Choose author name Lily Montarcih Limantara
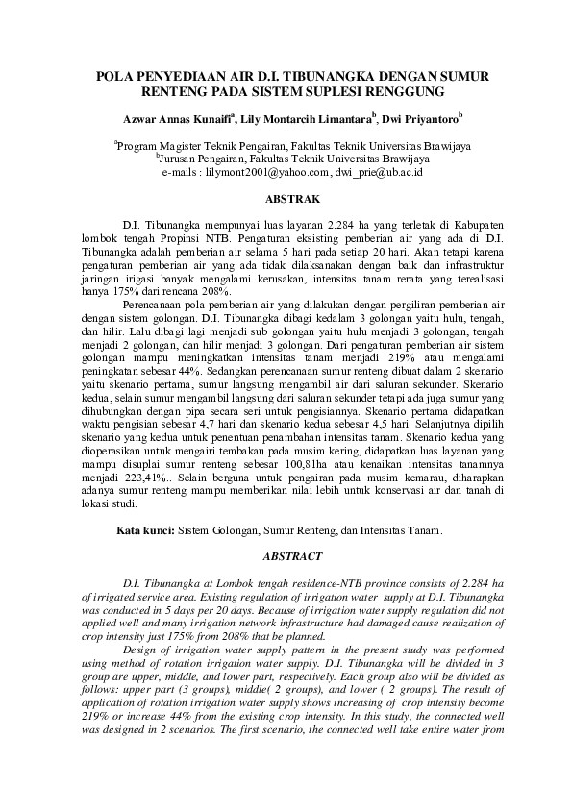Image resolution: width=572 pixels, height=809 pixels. coord(311,119)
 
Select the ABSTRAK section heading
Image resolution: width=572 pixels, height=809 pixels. coord(286,199)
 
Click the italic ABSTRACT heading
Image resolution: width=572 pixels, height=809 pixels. coord(286,556)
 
